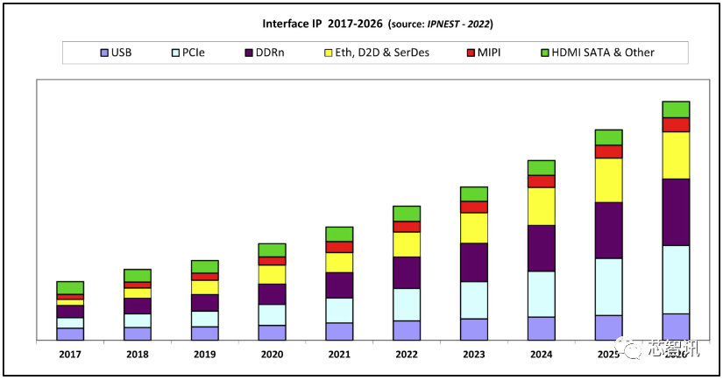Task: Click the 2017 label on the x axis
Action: click(x=69, y=354)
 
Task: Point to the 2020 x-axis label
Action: click(x=271, y=354)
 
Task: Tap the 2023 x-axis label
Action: click(x=473, y=354)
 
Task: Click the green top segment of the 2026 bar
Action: click(x=676, y=109)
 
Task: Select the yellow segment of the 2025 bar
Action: click(x=608, y=180)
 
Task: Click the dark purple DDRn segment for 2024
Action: click(x=541, y=248)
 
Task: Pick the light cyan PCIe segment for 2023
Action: click(x=473, y=299)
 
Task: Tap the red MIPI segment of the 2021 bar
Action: click(x=339, y=247)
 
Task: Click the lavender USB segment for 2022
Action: click(x=406, y=330)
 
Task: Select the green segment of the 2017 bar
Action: click(x=70, y=287)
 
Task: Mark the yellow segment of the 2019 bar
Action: click(x=204, y=287)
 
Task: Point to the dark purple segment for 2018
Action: click(x=137, y=306)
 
